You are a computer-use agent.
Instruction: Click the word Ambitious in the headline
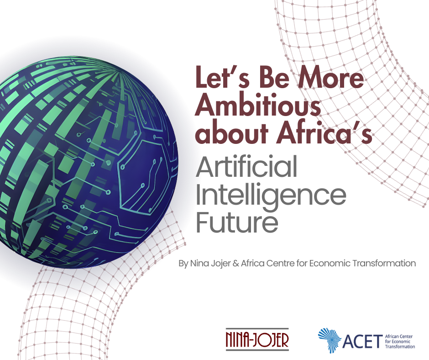258,106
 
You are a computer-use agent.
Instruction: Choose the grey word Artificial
246,167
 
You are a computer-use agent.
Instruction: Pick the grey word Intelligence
271,196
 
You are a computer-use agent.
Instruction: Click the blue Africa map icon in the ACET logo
329,339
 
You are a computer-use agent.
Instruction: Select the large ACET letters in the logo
361,340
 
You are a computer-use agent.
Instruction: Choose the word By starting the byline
183,264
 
